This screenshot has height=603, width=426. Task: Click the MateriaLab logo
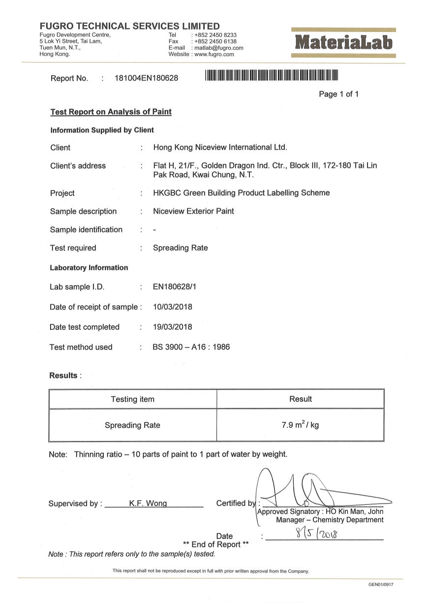(x=344, y=43)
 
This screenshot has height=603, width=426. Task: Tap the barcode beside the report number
(x=272, y=76)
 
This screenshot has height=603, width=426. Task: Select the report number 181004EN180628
(x=146, y=78)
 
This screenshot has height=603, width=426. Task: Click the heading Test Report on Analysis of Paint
(x=111, y=112)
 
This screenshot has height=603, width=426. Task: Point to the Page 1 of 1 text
(x=339, y=94)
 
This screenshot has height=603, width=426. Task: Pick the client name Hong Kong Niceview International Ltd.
(x=220, y=147)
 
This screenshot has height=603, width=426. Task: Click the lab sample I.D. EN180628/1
(x=177, y=287)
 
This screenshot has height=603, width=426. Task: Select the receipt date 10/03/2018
(x=173, y=307)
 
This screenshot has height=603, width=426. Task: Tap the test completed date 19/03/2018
(x=173, y=327)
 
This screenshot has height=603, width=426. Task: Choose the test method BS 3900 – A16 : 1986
(x=191, y=347)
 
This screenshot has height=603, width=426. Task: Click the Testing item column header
(x=132, y=399)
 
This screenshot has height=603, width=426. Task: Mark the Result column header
(x=301, y=399)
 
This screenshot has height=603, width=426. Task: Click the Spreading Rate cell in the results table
(x=132, y=425)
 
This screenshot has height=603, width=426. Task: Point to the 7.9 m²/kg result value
(x=300, y=424)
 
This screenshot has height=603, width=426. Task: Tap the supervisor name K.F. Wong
(x=148, y=503)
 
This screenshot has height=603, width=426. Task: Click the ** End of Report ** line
(x=216, y=544)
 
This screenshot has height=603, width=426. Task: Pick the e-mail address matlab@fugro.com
(x=219, y=48)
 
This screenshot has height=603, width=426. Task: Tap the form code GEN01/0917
(x=381, y=584)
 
